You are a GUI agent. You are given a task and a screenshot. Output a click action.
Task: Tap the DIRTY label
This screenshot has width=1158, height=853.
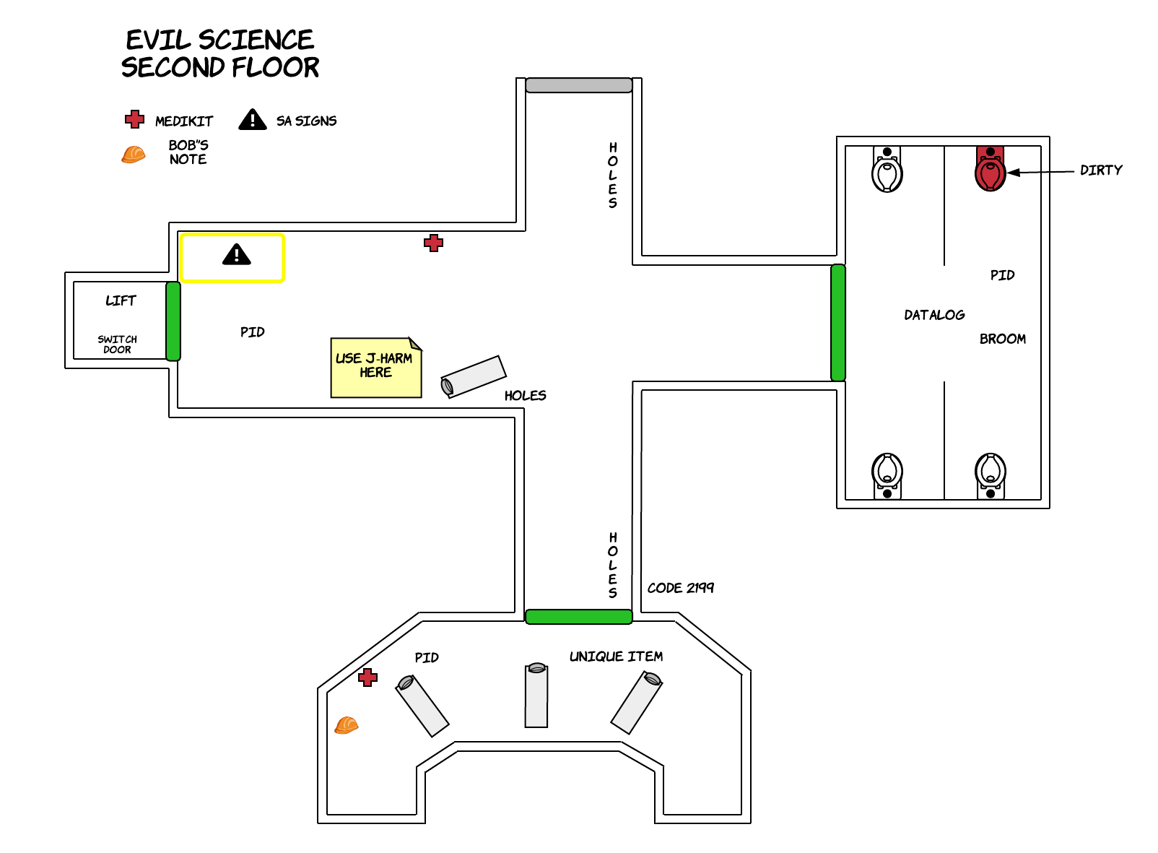point(1101,170)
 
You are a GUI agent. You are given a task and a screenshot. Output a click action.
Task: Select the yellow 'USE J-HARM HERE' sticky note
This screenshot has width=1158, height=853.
point(376,367)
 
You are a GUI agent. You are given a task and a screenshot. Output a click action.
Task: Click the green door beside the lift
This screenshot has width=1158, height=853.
point(173,321)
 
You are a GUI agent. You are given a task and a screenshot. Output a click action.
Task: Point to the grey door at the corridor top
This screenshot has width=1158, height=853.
point(578,85)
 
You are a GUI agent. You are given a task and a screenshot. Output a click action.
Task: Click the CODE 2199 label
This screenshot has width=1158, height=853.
point(680,588)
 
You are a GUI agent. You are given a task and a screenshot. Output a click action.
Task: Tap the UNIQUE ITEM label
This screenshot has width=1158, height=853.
point(616,657)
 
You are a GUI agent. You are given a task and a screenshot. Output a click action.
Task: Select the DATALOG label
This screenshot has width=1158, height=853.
point(934,314)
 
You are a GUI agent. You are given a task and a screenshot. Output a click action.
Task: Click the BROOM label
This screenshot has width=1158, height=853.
point(1002,339)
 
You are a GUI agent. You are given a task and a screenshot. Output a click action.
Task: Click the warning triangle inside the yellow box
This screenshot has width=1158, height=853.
point(237,254)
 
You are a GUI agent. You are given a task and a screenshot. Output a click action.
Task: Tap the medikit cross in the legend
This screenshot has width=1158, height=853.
point(134,119)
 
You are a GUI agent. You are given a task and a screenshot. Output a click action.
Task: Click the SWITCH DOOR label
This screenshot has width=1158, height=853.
point(118,344)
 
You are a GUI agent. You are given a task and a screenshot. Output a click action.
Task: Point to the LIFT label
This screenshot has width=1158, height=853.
point(121,300)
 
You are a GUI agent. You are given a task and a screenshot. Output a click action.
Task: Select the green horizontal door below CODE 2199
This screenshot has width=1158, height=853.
point(578,617)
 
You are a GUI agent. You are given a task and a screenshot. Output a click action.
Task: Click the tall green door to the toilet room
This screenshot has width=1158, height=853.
point(838,323)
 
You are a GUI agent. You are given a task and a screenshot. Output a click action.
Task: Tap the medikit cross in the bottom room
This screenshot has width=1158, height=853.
point(367,677)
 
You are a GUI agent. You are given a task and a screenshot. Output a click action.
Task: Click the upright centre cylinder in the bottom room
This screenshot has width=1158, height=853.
point(536,695)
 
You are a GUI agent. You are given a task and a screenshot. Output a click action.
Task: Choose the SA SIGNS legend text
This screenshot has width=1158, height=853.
point(306,121)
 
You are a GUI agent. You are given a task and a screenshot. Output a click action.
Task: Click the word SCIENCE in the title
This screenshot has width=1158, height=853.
point(256,40)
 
